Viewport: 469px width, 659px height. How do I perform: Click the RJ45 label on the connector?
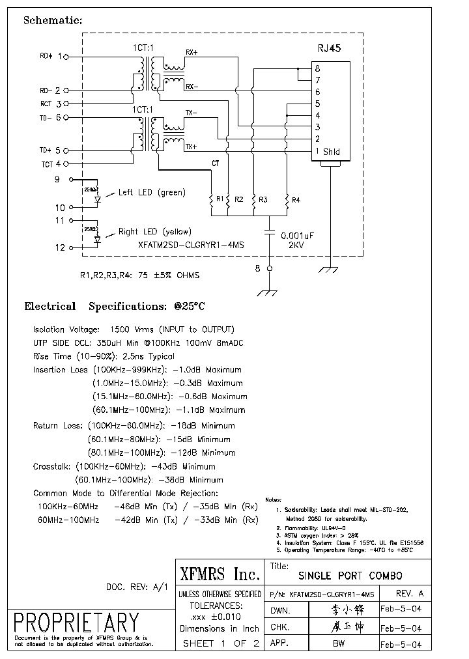click(329, 48)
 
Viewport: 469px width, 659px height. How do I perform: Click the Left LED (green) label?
click(151, 193)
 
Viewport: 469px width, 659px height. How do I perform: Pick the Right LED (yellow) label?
click(154, 232)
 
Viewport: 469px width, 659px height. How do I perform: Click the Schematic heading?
click(53, 20)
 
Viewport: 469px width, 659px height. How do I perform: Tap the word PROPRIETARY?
click(77, 622)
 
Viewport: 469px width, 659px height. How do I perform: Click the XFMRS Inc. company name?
click(220, 574)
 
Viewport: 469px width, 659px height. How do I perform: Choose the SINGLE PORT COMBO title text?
click(350, 576)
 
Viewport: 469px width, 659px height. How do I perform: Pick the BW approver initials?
click(339, 644)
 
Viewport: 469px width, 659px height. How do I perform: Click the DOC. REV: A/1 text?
click(137, 587)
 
